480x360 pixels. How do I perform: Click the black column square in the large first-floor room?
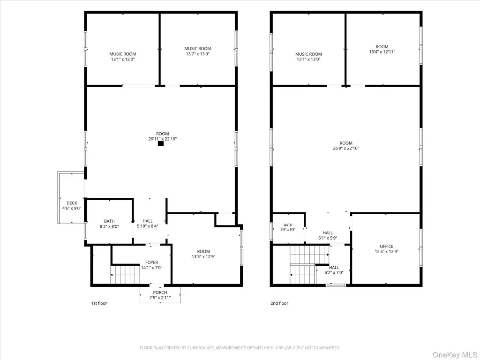tap(161, 143)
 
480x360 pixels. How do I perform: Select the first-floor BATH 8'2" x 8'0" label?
tap(109, 224)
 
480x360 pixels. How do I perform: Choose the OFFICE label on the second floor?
tap(386, 247)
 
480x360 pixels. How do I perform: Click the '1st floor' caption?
tap(99, 303)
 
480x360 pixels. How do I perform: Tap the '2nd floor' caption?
tap(279, 303)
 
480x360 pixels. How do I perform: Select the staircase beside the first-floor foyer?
tap(126, 275)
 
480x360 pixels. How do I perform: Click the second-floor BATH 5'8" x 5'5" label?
tap(288, 227)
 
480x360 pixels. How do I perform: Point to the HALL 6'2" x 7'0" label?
tap(334, 270)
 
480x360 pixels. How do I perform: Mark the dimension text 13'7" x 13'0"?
tap(197, 54)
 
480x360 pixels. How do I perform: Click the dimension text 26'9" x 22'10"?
tap(346, 148)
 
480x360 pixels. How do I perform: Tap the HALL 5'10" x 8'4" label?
tap(148, 224)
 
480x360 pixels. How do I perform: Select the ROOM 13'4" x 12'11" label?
tap(382, 49)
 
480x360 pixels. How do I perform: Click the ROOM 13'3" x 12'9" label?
tap(203, 254)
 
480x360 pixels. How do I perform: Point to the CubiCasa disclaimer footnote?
tap(240, 348)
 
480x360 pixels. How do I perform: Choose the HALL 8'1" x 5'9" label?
tap(328, 235)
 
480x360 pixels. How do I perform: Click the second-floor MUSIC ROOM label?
tap(308, 54)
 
